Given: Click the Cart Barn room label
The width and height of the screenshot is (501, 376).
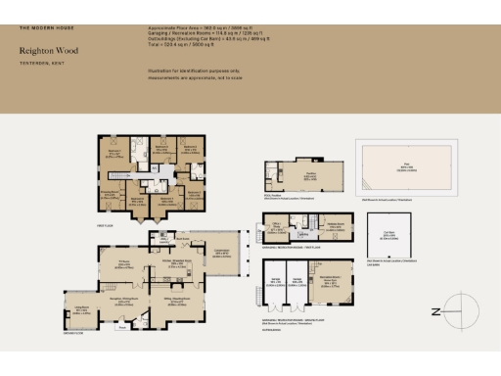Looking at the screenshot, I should (388, 235).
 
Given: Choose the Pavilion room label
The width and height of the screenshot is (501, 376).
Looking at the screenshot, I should (307, 175).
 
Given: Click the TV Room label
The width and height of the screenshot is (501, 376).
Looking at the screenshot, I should (124, 263).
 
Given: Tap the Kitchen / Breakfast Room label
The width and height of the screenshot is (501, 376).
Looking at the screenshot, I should (177, 263).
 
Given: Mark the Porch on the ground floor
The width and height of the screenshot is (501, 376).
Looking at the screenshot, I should (120, 329).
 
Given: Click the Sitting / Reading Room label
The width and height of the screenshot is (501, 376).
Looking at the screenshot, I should (176, 302).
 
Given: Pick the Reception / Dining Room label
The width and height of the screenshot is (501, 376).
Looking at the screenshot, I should (122, 302).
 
